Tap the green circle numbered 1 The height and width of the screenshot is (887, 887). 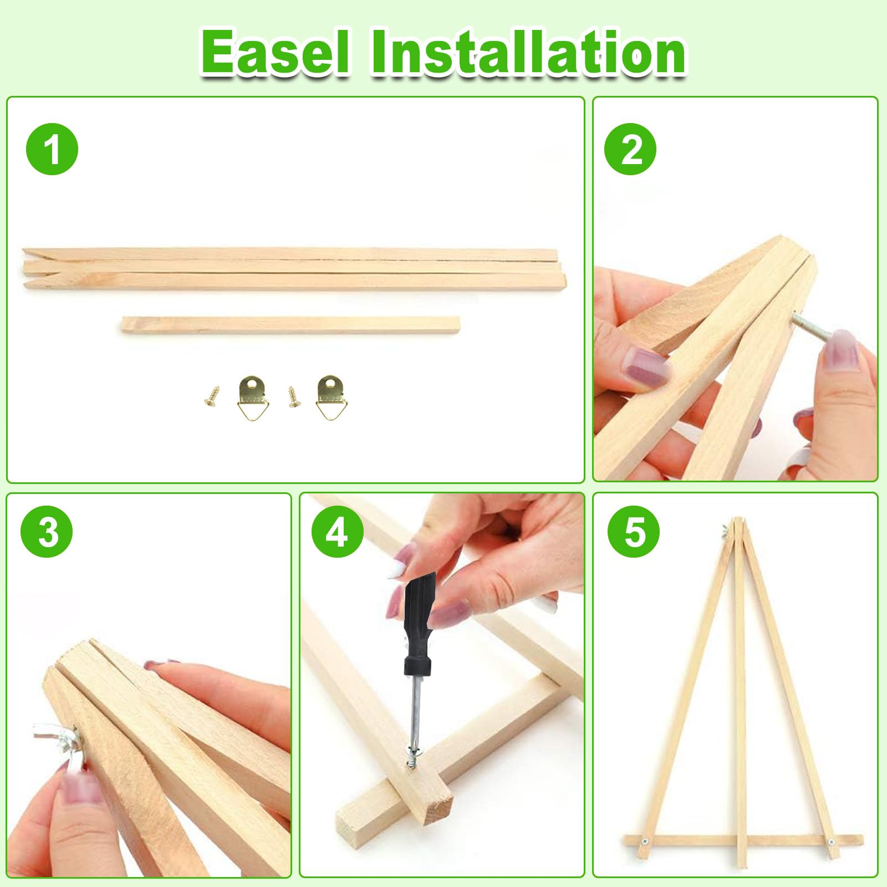pos(52,149)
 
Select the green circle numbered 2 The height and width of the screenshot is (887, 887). pos(630,149)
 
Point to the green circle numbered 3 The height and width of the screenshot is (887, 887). pos(47,531)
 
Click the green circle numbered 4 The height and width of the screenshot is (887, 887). pos(338,531)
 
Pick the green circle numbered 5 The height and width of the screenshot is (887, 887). pos(634,531)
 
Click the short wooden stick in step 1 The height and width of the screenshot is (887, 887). pos(291,325)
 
